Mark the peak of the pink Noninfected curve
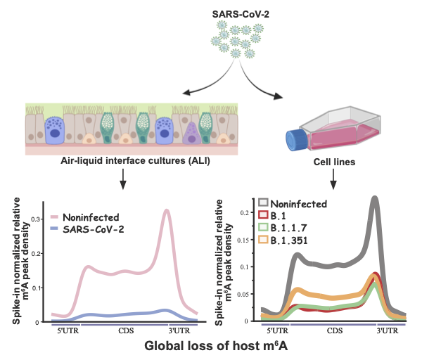pos(167,210)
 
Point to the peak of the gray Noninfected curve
pos(375,199)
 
